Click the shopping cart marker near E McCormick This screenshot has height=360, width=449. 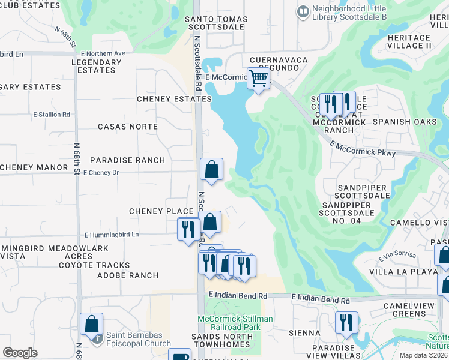click(x=258, y=78)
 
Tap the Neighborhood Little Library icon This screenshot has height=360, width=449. click(x=303, y=11)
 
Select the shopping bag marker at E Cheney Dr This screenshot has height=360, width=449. click(x=211, y=170)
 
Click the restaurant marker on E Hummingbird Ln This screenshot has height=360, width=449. click(x=188, y=229)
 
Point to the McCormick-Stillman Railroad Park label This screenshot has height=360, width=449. click(x=235, y=323)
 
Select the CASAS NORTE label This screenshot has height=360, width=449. click(x=128, y=127)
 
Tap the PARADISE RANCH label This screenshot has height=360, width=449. click(x=127, y=160)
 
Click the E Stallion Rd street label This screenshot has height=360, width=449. click(x=52, y=114)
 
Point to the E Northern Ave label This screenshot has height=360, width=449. click(x=104, y=53)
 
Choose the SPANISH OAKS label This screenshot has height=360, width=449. click(x=400, y=121)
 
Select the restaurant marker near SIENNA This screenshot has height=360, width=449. click(x=346, y=322)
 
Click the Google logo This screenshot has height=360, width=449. click(x=20, y=352)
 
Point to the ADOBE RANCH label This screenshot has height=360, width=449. click(x=128, y=275)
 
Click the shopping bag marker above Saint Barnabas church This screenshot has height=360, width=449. click(x=91, y=324)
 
